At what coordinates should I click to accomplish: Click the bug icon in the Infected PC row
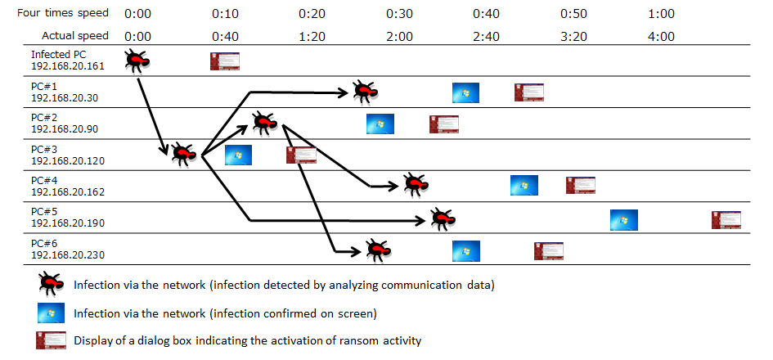(137, 61)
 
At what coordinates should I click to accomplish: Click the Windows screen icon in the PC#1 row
(465, 92)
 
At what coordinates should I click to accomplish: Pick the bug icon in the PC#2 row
(265, 123)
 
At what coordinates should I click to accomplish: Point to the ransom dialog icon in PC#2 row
(444, 124)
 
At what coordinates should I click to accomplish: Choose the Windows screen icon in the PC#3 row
(238, 155)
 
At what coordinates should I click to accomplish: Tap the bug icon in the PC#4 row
(414, 185)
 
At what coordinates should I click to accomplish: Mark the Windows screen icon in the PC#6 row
(465, 250)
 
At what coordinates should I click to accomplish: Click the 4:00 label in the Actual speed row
(660, 36)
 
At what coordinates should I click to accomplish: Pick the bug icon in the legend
(50, 284)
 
